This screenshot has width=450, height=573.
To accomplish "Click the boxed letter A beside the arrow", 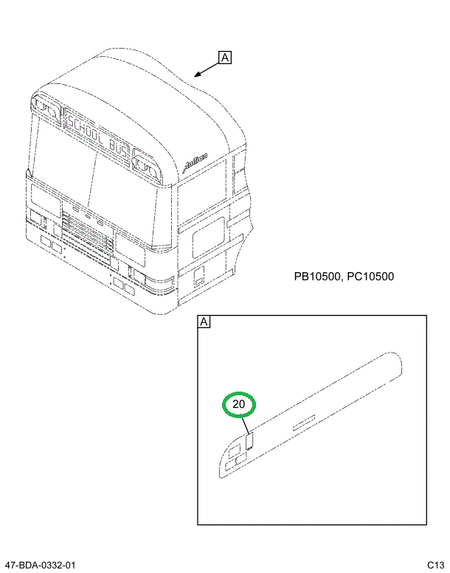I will (225, 58).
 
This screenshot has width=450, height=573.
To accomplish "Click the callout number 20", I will (238, 405).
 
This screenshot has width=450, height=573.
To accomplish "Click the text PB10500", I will (317, 277).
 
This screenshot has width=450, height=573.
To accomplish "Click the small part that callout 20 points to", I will (249, 441).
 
